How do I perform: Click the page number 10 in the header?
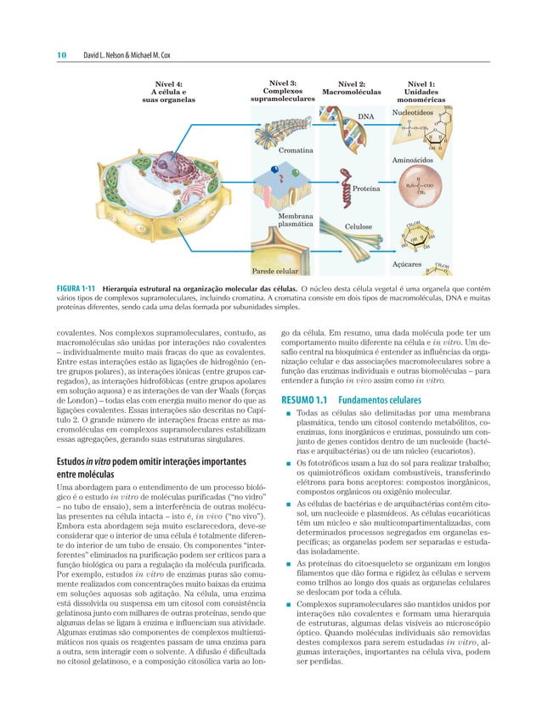coord(62,55)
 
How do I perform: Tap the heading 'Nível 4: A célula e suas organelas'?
coord(167,92)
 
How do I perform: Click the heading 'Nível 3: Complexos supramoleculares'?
coord(283,92)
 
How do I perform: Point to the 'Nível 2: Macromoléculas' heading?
coord(352,88)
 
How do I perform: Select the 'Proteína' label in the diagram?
coord(366,189)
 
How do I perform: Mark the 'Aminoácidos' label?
coord(414,160)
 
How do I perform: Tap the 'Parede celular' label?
coord(274,272)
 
